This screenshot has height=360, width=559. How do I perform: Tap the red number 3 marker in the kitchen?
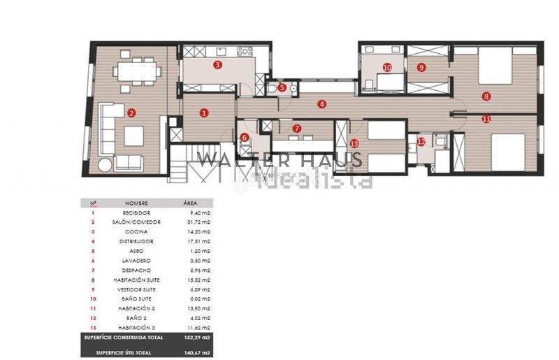(218, 65)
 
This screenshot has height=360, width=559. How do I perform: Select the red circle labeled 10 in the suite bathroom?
(387, 68)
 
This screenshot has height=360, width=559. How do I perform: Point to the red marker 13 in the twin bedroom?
(354, 143)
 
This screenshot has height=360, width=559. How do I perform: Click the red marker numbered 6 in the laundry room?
(245, 138)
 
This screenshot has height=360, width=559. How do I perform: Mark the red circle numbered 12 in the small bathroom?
(421, 141)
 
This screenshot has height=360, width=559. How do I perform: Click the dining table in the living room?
(136, 71)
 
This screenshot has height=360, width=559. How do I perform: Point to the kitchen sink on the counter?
(219, 50)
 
